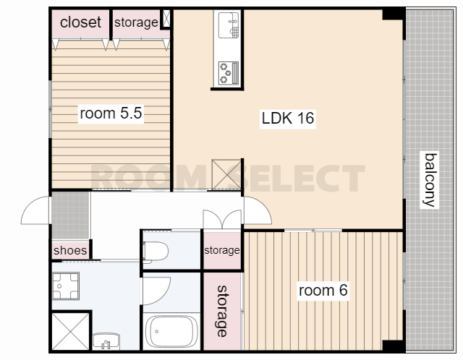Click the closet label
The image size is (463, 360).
pyautogui.click(x=80, y=22)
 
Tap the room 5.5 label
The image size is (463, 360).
pyautogui.click(x=111, y=113)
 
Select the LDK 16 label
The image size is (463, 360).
pyautogui.click(x=288, y=118)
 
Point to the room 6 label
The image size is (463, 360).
pyautogui.click(x=323, y=291)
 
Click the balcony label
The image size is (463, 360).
pyautogui.click(x=430, y=180)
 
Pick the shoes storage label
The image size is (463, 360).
pyautogui.click(x=70, y=251)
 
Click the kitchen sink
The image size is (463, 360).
pyautogui.click(x=229, y=25)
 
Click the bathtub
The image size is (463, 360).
pyautogui.click(x=172, y=331)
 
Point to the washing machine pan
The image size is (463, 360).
pyautogui.click(x=66, y=286)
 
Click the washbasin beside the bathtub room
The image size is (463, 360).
pyautogui.click(x=106, y=341)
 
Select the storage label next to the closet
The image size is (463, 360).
pyautogui.click(x=136, y=22)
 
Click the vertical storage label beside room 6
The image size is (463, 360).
pyautogui.click(x=222, y=311)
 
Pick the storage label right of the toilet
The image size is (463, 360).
pyautogui.click(x=222, y=250)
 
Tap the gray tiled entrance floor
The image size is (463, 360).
pyautogui.click(x=70, y=215)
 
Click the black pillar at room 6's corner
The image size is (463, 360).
pyautogui.click(x=393, y=346)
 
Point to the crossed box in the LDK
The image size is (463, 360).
pyautogui.click(x=226, y=174)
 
